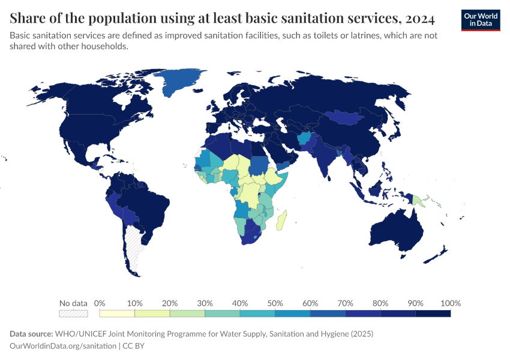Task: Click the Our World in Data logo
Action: pyautogui.click(x=480, y=20)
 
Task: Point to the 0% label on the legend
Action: pyautogui.click(x=100, y=302)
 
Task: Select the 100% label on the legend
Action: pyautogui.click(x=450, y=302)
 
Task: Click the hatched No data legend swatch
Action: pyautogui.click(x=73, y=313)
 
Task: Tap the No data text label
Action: pyautogui.click(x=73, y=302)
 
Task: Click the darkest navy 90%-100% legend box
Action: pyautogui.click(x=433, y=313)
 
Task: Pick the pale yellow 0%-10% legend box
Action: pyautogui.click(x=117, y=313)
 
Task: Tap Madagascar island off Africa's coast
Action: pyautogui.click(x=281, y=220)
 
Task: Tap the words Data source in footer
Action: pyautogui.click(x=31, y=334)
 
